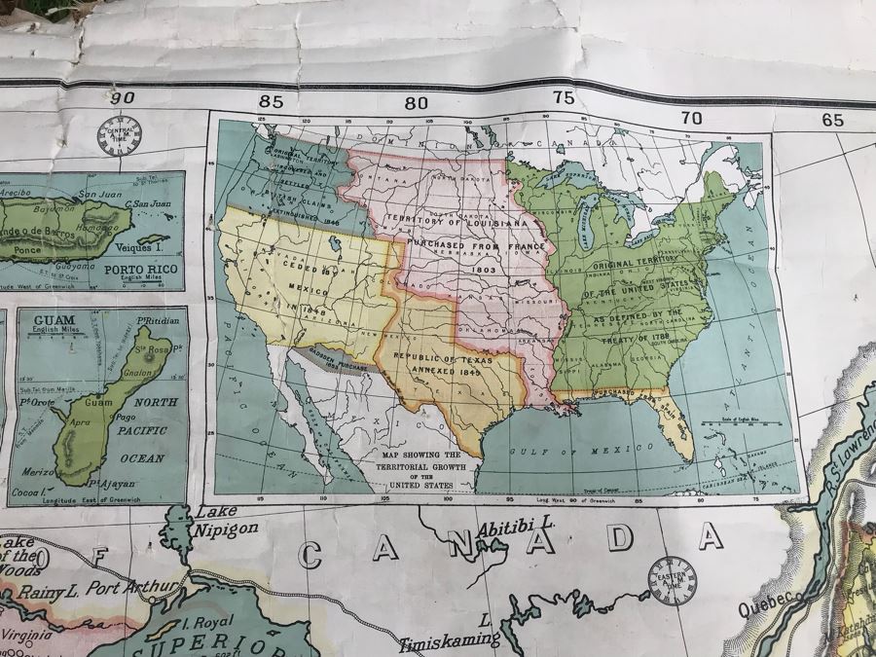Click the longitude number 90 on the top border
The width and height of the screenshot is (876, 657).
pyautogui.click(x=122, y=96)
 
